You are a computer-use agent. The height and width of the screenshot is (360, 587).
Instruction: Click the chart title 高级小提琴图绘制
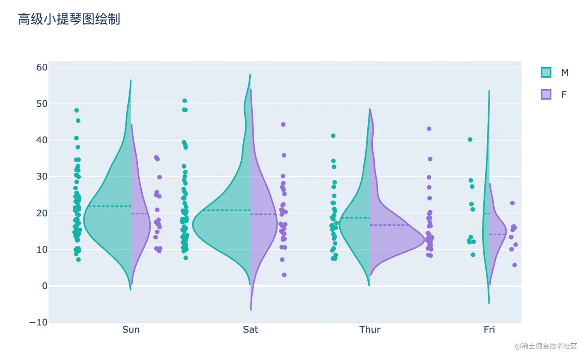click(x=69, y=19)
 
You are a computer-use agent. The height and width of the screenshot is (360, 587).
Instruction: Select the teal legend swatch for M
click(x=546, y=72)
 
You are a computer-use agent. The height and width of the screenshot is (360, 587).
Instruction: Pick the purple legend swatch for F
click(x=546, y=94)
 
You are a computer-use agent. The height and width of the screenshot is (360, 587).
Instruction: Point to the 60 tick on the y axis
click(x=42, y=67)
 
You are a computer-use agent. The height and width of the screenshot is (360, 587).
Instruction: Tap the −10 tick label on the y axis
click(x=38, y=322)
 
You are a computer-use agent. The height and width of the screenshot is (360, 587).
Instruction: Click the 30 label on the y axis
click(x=42, y=176)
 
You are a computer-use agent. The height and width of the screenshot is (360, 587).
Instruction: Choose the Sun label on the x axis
click(x=131, y=330)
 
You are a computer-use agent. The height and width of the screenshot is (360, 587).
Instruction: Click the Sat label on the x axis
click(x=250, y=330)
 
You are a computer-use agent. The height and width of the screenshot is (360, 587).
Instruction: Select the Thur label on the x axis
click(x=370, y=330)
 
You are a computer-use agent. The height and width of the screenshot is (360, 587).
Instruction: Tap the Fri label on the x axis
click(x=489, y=330)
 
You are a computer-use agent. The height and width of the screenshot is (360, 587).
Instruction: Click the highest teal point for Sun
click(x=76, y=110)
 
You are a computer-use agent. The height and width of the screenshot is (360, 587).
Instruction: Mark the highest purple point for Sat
click(x=283, y=125)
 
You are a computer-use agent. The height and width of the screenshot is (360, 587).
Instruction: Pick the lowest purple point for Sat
click(x=284, y=275)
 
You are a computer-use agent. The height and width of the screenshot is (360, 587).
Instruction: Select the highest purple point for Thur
click(x=429, y=129)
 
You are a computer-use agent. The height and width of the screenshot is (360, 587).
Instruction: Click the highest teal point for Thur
click(x=333, y=136)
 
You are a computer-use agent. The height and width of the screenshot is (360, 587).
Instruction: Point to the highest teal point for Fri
click(x=470, y=139)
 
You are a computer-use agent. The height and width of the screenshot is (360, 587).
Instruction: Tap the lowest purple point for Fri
click(x=515, y=265)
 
